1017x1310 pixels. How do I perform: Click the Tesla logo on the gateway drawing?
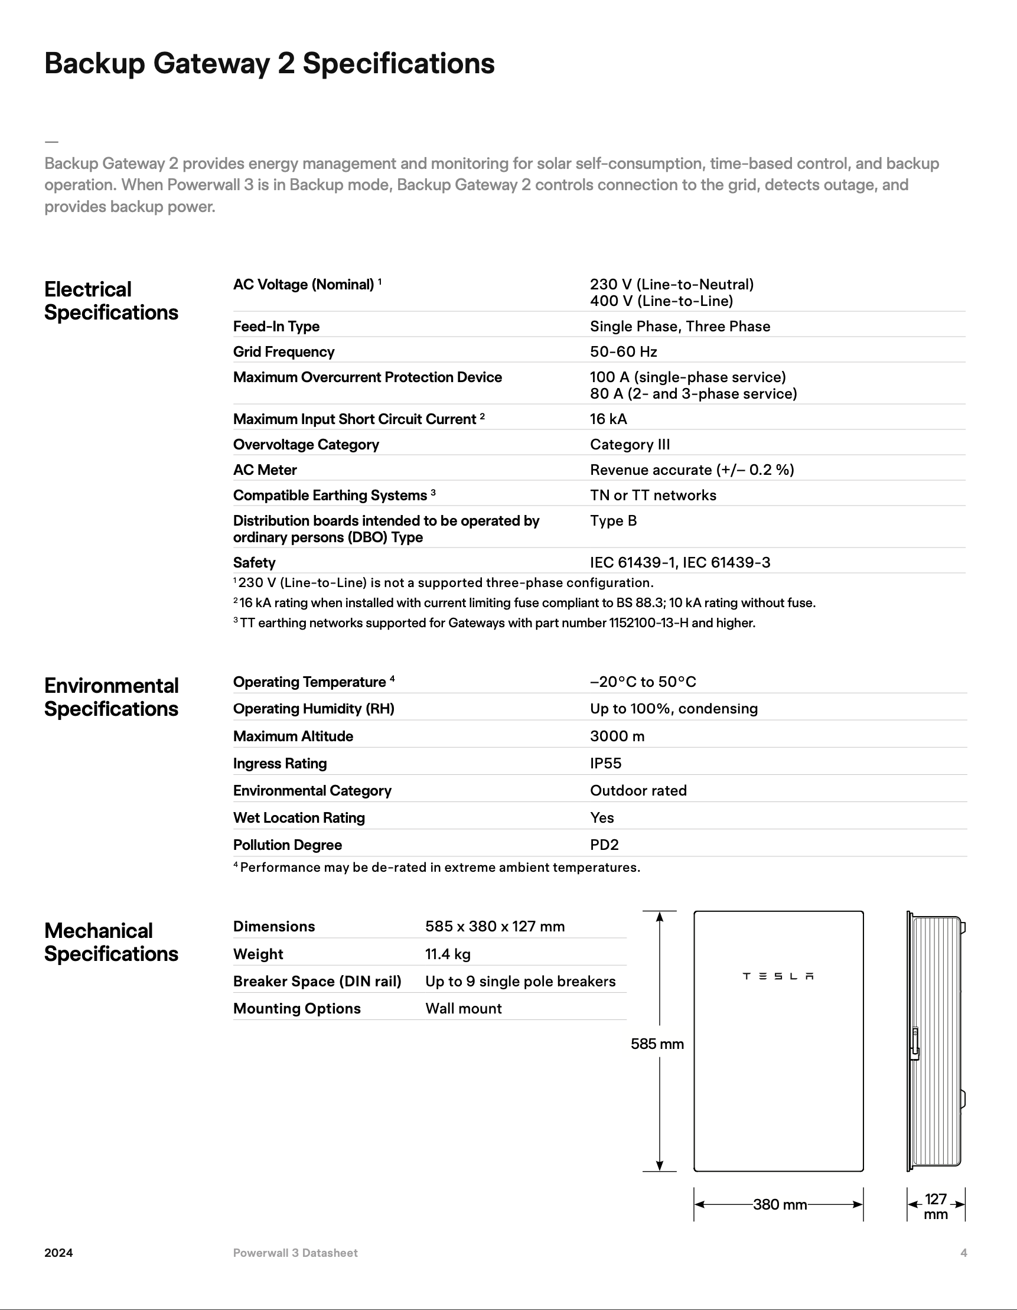tap(778, 976)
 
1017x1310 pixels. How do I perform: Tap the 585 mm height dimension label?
tap(657, 1044)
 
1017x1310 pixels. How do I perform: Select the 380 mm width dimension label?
tap(780, 1204)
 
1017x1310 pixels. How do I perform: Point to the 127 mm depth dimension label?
tap(935, 1206)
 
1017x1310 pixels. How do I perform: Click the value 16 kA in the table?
tap(608, 419)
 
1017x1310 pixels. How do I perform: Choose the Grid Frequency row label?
tap(283, 352)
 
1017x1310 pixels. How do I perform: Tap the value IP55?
tap(605, 764)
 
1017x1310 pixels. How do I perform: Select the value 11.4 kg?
tap(448, 954)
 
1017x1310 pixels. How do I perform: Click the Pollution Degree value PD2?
tap(604, 845)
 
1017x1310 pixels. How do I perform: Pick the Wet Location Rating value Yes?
tap(601, 818)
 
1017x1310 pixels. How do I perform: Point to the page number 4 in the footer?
tap(964, 1253)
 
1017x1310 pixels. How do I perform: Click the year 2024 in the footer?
tap(59, 1253)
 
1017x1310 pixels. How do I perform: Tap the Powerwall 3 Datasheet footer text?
tap(295, 1253)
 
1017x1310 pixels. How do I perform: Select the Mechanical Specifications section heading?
tap(111, 942)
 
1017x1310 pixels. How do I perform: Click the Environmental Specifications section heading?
tap(111, 697)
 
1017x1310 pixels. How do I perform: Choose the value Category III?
tap(630, 445)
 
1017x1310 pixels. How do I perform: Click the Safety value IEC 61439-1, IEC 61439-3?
tap(680, 563)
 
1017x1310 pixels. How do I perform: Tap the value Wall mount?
tap(464, 1009)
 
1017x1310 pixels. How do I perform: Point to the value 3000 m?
tap(617, 737)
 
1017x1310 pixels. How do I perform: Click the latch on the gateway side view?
tap(915, 1044)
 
